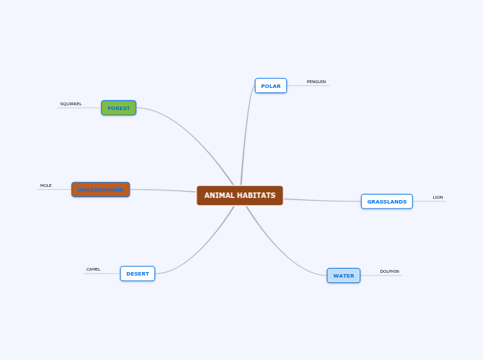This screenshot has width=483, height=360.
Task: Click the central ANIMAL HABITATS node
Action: tap(240, 195)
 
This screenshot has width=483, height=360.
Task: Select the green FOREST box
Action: tap(118, 108)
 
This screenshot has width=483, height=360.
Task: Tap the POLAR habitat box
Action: tap(271, 86)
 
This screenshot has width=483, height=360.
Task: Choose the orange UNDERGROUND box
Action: tap(100, 190)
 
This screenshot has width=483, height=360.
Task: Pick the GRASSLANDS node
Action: tap(387, 201)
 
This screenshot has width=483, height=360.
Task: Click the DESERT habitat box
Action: tap(137, 273)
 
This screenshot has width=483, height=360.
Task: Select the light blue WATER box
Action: tap(344, 276)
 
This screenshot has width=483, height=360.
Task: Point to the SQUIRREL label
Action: tap(71, 104)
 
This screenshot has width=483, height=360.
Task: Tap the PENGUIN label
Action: tap(316, 82)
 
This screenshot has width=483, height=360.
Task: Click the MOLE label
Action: tap(46, 186)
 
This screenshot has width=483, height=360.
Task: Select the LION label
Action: tap(438, 197)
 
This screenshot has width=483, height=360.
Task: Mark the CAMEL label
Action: tap(94, 269)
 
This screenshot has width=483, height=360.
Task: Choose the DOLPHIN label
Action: tap(389, 271)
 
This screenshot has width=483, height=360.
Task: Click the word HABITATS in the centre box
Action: tap(256, 195)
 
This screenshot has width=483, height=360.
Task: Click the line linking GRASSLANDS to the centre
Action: tap(322, 201)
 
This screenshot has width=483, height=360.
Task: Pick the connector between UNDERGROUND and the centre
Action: tap(163, 190)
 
